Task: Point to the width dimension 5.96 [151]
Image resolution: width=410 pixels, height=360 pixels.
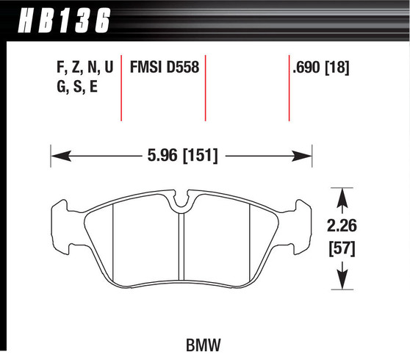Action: (x=181, y=156)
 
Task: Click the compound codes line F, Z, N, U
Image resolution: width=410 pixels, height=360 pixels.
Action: (x=84, y=68)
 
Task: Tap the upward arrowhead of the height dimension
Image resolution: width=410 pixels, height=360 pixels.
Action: (x=341, y=196)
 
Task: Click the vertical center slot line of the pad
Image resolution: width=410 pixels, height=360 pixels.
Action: (x=181, y=246)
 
